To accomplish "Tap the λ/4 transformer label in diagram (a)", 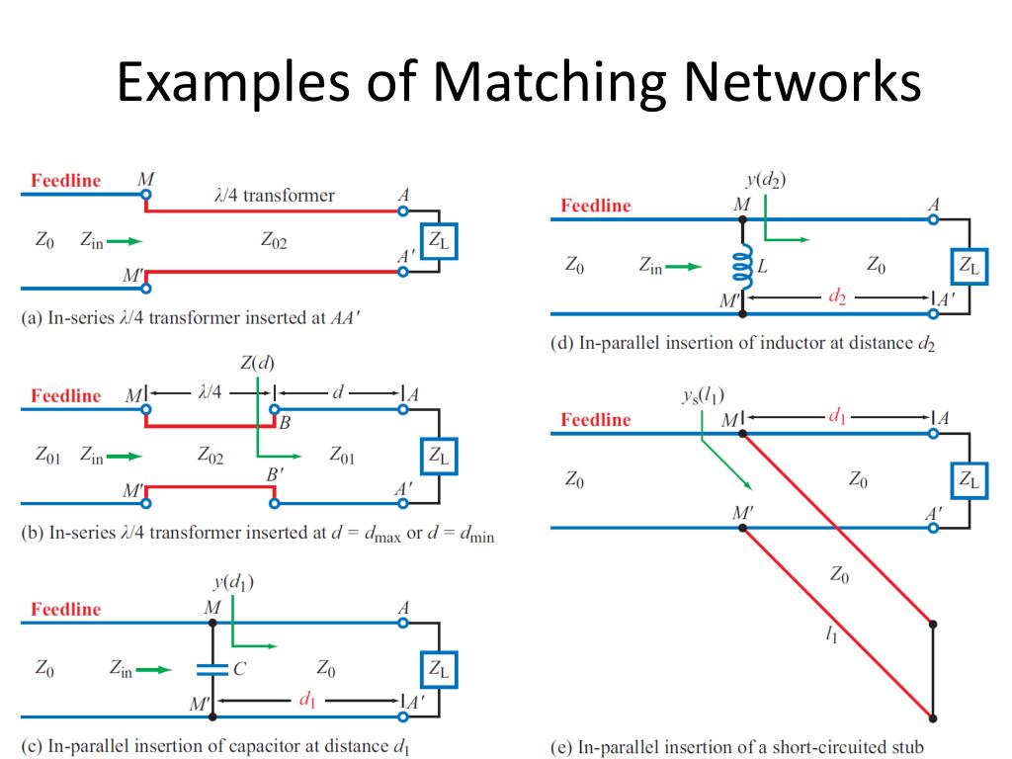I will coord(274,195).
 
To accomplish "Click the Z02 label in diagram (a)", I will coord(274,240).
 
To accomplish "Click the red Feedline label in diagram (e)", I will coord(595,419).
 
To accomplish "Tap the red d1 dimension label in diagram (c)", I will coord(307,700).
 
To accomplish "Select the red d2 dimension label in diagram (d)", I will coord(837,295).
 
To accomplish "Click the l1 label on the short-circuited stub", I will coord(831,636).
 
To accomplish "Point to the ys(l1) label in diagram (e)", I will coord(702,396).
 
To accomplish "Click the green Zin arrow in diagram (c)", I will coord(153,669).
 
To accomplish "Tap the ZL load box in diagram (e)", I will coord(969,480).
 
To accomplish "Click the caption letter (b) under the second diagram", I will coord(33,533).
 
